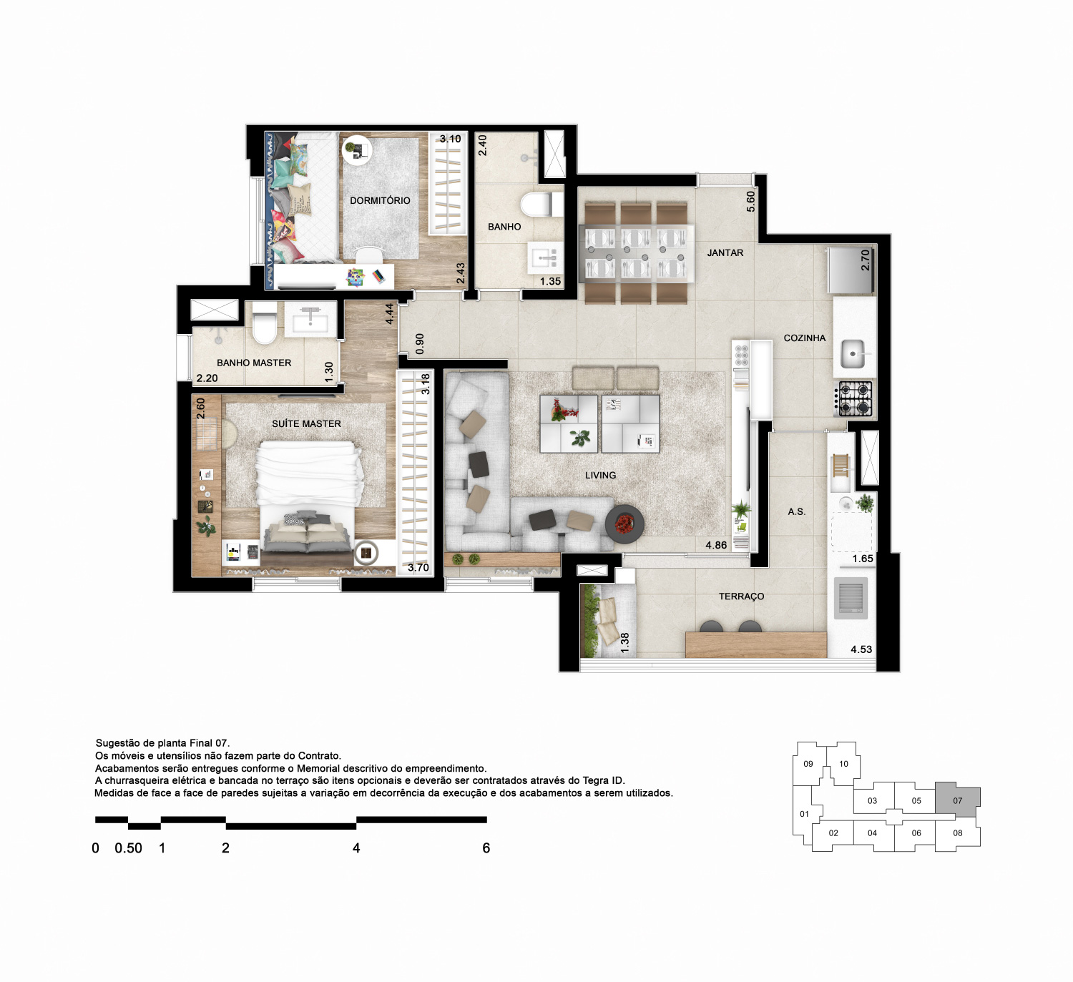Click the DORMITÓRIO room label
[x=380, y=200]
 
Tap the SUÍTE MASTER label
[x=306, y=423]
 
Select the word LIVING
[x=600, y=475]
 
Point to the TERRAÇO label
[x=741, y=596]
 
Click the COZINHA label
[x=805, y=338]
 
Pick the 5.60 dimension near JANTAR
[x=751, y=202]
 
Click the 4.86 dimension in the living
[x=716, y=545]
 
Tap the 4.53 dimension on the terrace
[x=861, y=649]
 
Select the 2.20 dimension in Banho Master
[x=207, y=378]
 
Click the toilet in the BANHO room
[x=542, y=205]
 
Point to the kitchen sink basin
[x=852, y=354]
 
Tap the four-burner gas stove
[x=853, y=398]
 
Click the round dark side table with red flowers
[x=624, y=524]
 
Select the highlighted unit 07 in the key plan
[x=957, y=800]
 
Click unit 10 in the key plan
[x=843, y=764]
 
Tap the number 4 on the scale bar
[x=356, y=848]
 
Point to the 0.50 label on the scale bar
[x=128, y=848]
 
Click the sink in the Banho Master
[x=310, y=319]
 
